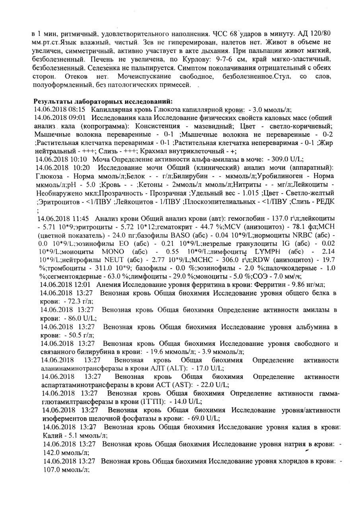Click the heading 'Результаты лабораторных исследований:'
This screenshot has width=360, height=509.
[103, 101]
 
